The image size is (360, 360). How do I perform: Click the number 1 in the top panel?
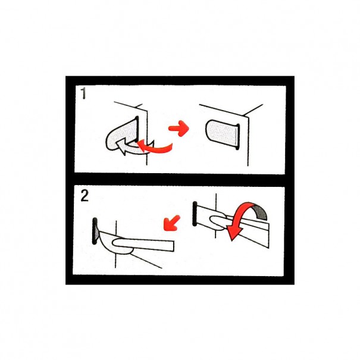pos(83,93)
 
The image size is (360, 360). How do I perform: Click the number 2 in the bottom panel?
pos(84,196)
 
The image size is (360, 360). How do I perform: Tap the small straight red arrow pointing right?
pos(179,129)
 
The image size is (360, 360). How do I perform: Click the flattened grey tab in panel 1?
pos(221,134)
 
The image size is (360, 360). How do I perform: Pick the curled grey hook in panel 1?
pos(121,136)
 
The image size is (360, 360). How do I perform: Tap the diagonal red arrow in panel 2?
pos(171,223)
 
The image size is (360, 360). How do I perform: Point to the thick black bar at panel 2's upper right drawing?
pos(195,214)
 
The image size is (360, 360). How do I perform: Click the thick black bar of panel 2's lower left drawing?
pos(95,231)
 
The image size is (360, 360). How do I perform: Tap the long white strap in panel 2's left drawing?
pos(143,245)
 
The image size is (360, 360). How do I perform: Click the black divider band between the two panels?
pos(180,180)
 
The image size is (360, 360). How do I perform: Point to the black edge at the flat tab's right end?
pos(237,137)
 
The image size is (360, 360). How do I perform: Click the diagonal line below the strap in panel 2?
pos(146,261)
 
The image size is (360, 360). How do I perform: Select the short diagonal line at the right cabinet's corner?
pos(253,109)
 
